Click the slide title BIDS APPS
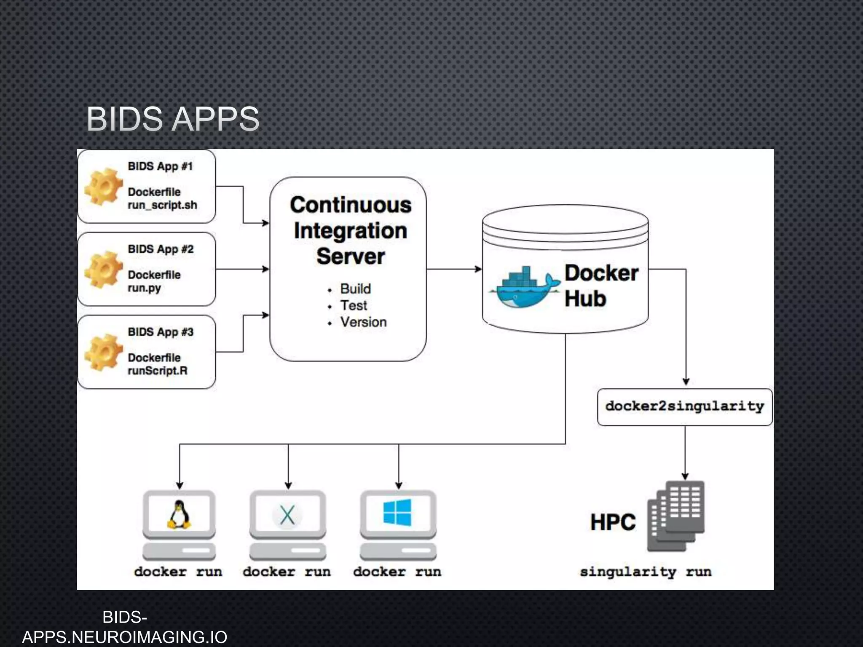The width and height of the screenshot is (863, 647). [173, 119]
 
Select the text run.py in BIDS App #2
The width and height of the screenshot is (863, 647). [144, 288]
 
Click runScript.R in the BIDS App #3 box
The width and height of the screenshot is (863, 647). [158, 371]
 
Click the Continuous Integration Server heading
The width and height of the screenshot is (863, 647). [350, 230]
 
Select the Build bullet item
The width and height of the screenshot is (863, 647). [355, 289]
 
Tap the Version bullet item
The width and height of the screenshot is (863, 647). [363, 322]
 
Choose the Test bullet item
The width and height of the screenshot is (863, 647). [354, 305]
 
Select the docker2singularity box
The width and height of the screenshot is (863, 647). [685, 406]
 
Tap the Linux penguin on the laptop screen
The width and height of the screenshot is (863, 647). [179, 514]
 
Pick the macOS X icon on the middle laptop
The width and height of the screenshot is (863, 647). [287, 515]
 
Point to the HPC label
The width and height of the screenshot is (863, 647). [613, 522]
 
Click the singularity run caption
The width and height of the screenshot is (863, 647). [646, 572]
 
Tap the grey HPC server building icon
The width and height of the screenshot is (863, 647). [676, 516]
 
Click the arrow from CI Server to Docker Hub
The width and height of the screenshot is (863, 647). [454, 269]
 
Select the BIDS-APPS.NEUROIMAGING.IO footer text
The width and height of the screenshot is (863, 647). [125, 628]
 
